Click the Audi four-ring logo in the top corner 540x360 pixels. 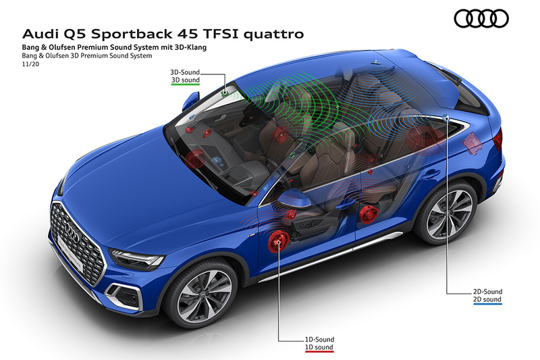tap(481, 18)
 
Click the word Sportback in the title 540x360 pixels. tap(132, 34)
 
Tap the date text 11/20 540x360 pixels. tap(30, 63)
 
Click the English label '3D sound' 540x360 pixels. tap(186, 80)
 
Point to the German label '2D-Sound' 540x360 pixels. tap(487, 292)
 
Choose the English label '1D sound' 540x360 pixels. tap(319, 347)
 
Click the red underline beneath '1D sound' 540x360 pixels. tap(319, 352)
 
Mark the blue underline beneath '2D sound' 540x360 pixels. tap(487, 304)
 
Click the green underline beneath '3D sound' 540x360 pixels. tap(186, 84)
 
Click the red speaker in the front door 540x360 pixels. tap(277, 242)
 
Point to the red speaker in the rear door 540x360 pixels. tap(369, 214)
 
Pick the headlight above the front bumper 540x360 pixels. tap(137, 259)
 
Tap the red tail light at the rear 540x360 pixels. tap(498, 138)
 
